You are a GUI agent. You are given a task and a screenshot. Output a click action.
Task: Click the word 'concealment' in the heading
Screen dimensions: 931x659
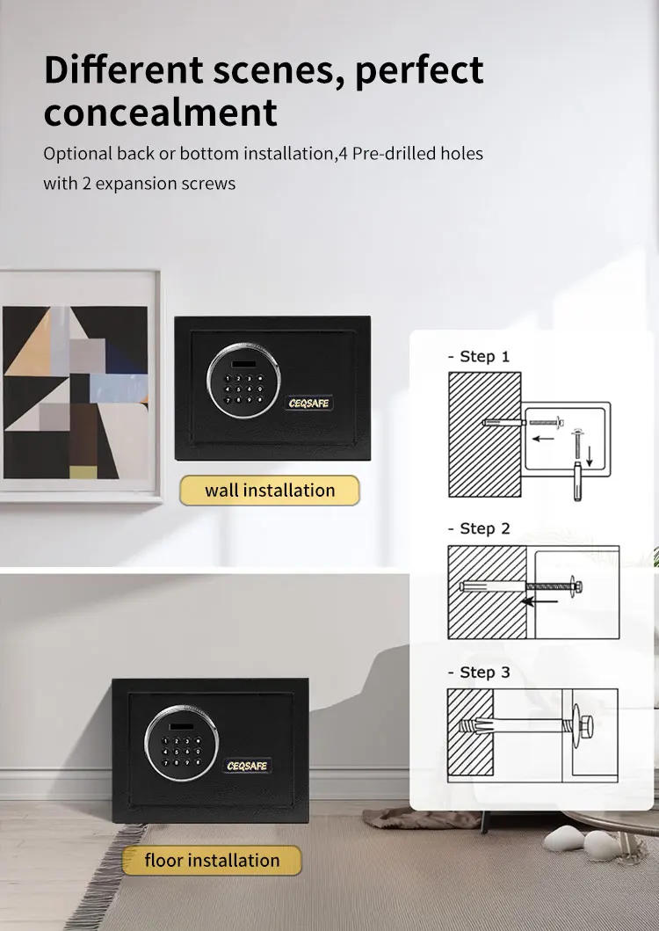pos(161,113)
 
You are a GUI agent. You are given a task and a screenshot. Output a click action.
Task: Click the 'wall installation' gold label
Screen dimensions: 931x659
pos(270,491)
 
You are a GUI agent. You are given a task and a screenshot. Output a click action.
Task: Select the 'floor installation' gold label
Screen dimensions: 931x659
pos(212,861)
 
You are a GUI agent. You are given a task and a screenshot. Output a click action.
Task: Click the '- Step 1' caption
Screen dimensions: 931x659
pos(479,357)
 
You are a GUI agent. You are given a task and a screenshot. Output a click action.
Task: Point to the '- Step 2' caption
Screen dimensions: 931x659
pos(479,528)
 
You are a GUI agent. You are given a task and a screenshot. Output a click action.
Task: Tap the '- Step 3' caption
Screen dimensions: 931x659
pos(479,673)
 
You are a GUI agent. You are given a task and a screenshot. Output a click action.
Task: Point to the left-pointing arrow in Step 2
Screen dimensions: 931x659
pos(540,602)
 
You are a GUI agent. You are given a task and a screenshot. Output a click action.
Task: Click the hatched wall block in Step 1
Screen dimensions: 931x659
pos(484,434)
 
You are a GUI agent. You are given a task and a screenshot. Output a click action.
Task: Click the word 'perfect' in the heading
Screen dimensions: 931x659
pos(419,70)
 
